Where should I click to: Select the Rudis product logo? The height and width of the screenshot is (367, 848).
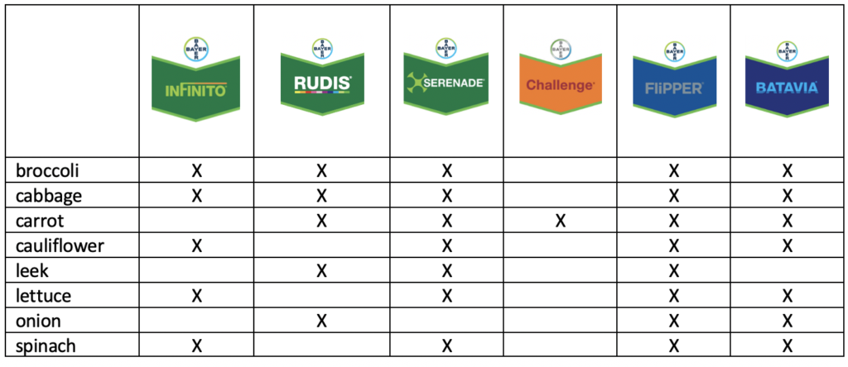[x=322, y=79]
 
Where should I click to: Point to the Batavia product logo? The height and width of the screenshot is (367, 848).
[x=787, y=79]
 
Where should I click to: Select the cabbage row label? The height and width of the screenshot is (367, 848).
[x=49, y=195]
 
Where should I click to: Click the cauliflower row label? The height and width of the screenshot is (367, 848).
[x=60, y=245]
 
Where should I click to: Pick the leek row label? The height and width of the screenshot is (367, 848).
[x=32, y=270]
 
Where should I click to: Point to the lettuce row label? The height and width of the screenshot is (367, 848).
[x=43, y=296]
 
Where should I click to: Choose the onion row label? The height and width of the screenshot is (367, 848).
[x=38, y=321]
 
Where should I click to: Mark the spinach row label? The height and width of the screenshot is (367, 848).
[x=46, y=346]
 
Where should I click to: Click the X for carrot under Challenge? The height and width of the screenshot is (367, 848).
[x=561, y=221]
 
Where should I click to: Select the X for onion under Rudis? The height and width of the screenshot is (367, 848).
[x=322, y=321]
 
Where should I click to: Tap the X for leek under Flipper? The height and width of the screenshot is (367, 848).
[x=674, y=270]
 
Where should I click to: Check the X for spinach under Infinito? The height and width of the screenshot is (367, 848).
[x=196, y=346]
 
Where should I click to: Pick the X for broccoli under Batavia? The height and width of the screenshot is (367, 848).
[x=788, y=171]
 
